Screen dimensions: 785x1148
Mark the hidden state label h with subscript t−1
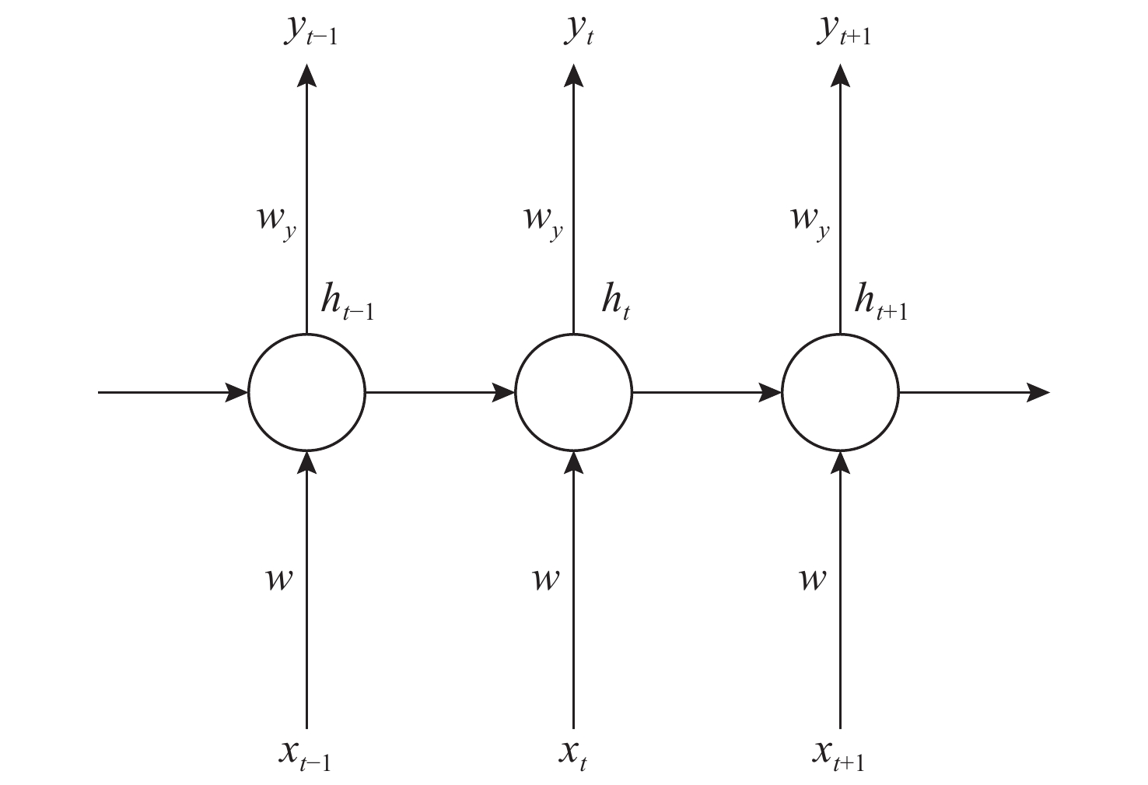pos(347,300)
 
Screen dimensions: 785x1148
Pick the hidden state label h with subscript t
pos(615,300)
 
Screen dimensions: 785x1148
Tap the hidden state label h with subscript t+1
pos(880,300)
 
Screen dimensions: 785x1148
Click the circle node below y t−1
pos(306,392)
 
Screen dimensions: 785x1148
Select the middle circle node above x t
pos(574,392)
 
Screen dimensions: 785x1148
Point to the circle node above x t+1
pos(840,392)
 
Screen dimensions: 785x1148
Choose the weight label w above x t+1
pos(812,580)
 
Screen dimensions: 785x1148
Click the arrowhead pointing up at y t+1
pos(840,75)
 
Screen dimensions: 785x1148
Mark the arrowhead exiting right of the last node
pos(1038,392)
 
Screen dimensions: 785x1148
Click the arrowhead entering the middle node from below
pos(574,461)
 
